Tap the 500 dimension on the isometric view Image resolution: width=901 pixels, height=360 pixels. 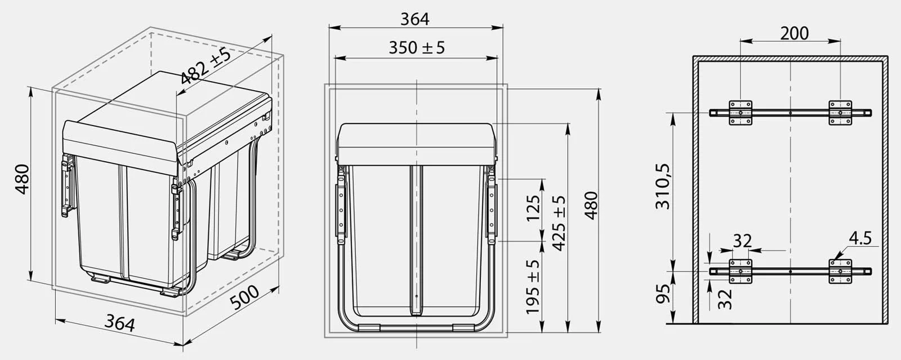[x=244, y=299]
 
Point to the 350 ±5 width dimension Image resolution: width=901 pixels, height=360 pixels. [x=416, y=47]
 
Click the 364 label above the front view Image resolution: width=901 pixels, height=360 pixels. [x=415, y=19]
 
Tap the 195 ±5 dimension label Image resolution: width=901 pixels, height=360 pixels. [x=533, y=287]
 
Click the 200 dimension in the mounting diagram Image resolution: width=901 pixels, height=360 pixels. [x=794, y=33]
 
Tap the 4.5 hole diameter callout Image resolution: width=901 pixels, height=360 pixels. [x=860, y=238]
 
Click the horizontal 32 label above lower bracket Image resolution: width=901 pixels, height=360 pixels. [x=742, y=241]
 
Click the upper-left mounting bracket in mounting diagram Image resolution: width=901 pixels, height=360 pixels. [x=741, y=113]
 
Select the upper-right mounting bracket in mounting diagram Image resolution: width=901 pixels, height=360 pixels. [x=840, y=113]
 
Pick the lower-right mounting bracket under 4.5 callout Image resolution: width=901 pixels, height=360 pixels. [x=840, y=271]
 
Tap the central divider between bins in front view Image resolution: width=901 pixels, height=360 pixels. [x=417, y=237]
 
